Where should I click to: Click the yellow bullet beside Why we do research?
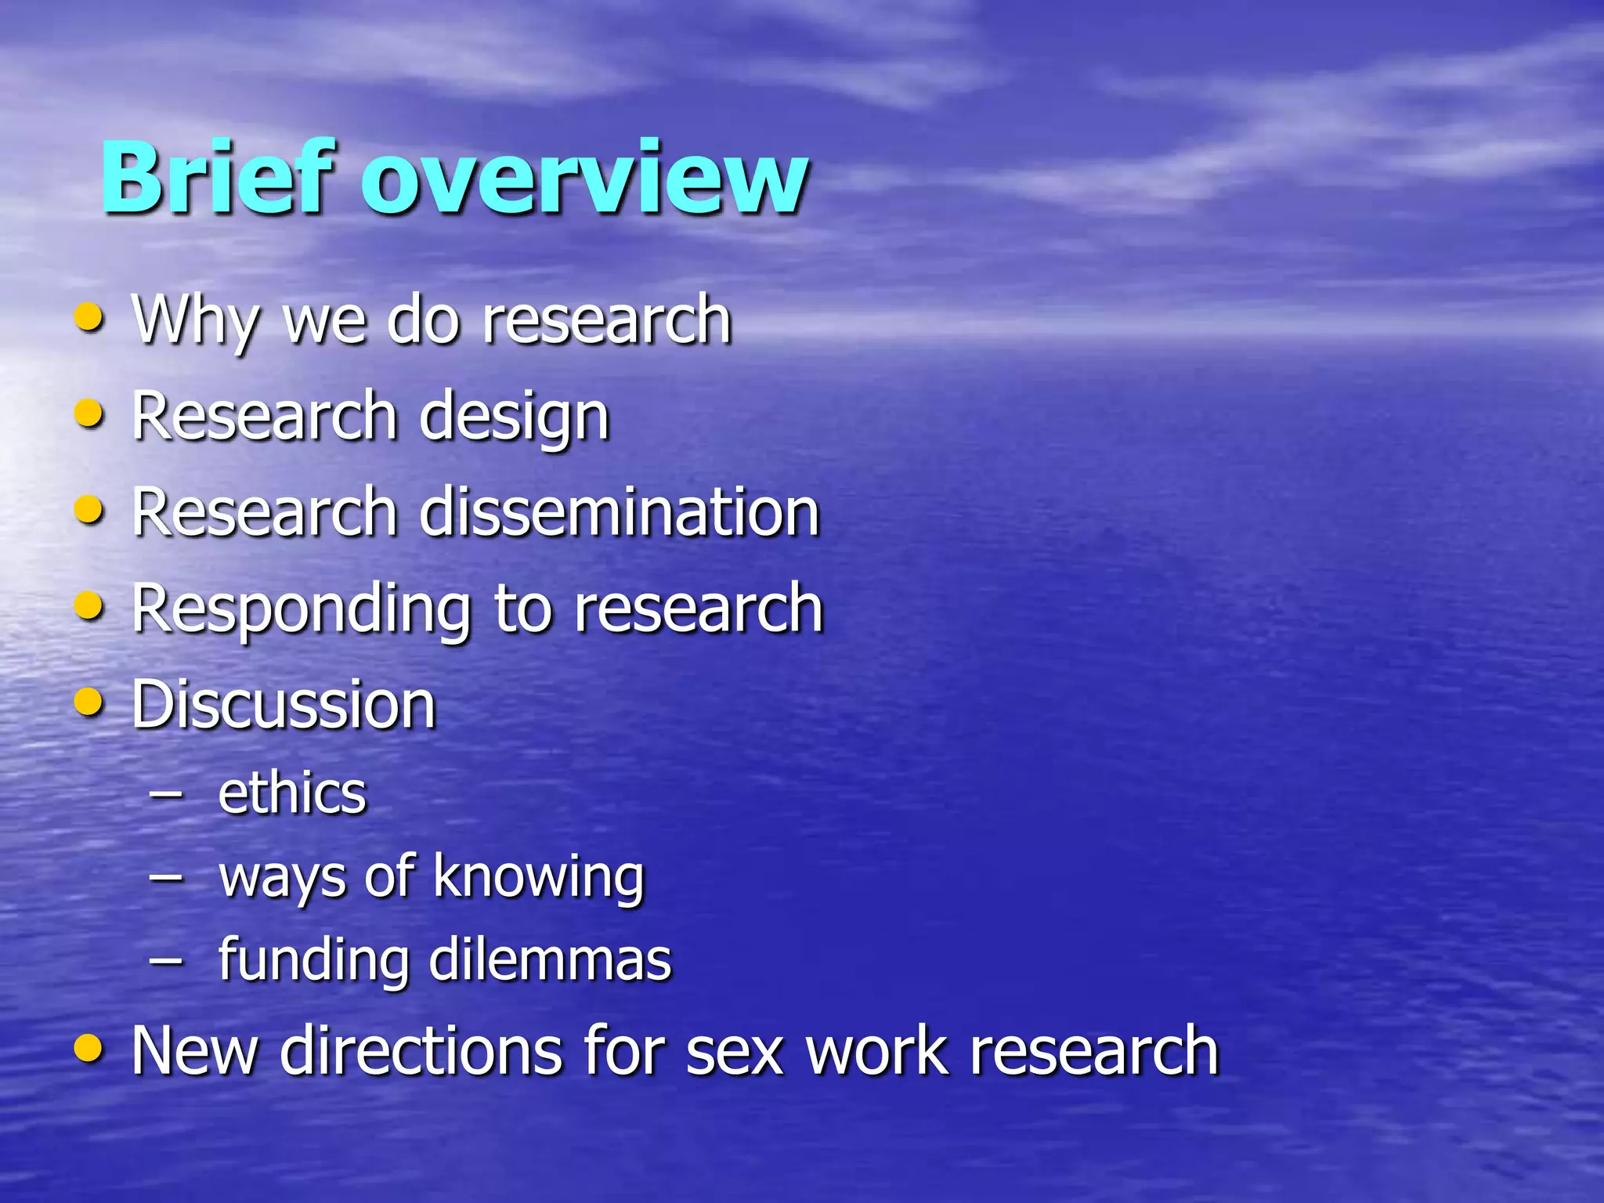pos(89,317)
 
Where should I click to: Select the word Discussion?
pos(283,705)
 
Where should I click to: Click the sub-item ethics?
pos(291,793)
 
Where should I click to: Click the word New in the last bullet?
pos(194,1051)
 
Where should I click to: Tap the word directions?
pos(421,1051)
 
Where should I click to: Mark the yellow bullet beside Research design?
pos(89,414)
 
